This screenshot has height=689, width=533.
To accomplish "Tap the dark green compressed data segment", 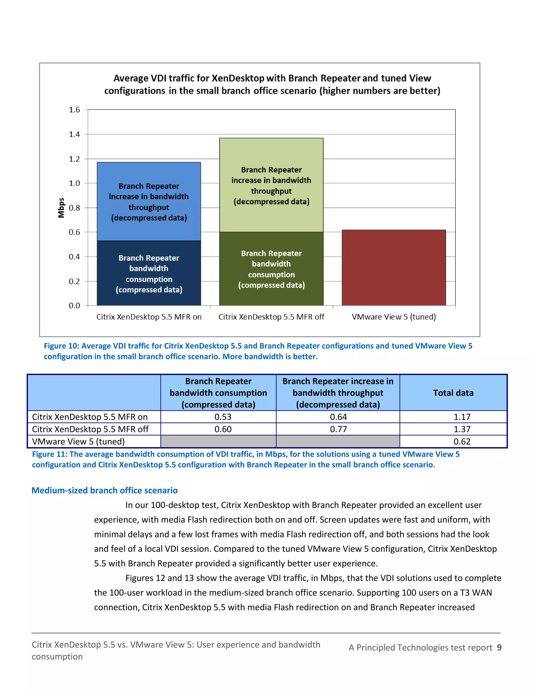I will [271, 269].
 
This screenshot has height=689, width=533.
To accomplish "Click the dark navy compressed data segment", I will [149, 273].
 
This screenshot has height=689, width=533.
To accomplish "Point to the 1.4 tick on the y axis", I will [74, 134].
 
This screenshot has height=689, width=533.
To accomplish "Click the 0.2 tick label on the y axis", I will [74, 281].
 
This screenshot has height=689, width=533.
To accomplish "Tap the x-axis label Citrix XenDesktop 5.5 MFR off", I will [271, 317].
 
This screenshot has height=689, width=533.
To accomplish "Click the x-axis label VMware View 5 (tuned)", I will [394, 317].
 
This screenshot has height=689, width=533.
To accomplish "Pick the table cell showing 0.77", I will [338, 429].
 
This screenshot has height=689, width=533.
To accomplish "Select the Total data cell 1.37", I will [462, 429].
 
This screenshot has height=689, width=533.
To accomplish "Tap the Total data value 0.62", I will [462, 441].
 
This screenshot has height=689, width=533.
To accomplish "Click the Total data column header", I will [453, 393].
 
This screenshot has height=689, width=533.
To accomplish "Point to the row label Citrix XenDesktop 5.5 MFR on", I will [90, 417].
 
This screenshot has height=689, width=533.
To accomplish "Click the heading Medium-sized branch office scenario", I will [105, 490].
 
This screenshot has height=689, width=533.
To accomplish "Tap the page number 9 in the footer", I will [499, 647].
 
